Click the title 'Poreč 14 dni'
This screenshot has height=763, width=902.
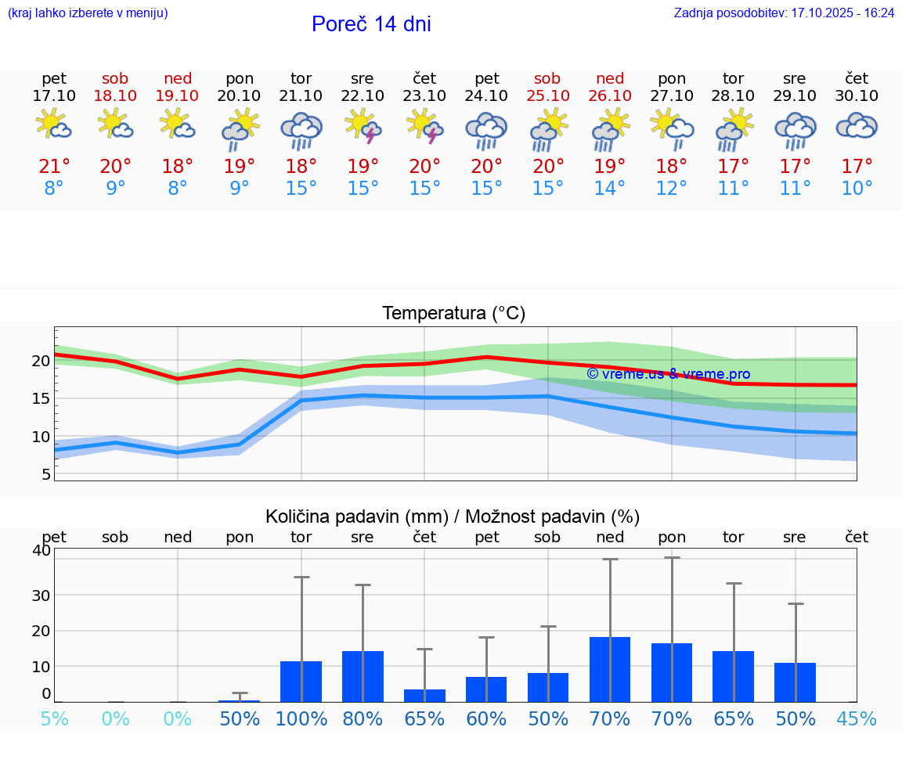[x=371, y=24]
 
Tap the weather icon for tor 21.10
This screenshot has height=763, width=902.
[x=301, y=129]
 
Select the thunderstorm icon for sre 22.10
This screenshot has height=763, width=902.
[x=363, y=126]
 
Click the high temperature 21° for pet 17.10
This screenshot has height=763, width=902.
[x=54, y=167]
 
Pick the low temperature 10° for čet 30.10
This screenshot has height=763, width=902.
[x=857, y=189]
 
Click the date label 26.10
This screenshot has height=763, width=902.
[x=610, y=95]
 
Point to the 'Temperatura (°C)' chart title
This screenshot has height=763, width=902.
[x=453, y=314]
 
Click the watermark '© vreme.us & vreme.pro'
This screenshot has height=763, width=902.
[x=668, y=374]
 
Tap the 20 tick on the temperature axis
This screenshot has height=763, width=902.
[x=41, y=362]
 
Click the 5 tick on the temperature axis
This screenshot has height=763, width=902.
[x=46, y=474]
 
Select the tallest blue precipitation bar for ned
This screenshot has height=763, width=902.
[x=610, y=669]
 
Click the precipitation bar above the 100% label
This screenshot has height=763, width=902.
[x=301, y=682]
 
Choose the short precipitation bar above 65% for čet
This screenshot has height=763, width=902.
[x=424, y=696]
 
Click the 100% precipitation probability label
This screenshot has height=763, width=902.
[x=301, y=719]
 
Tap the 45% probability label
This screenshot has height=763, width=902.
[x=857, y=719]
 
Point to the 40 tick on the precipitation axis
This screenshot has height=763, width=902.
[x=41, y=550]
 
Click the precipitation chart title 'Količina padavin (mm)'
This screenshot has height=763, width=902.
[x=356, y=516]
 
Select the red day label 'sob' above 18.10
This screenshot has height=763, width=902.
[x=115, y=78]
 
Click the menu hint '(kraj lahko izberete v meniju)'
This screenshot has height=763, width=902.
[x=88, y=13]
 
